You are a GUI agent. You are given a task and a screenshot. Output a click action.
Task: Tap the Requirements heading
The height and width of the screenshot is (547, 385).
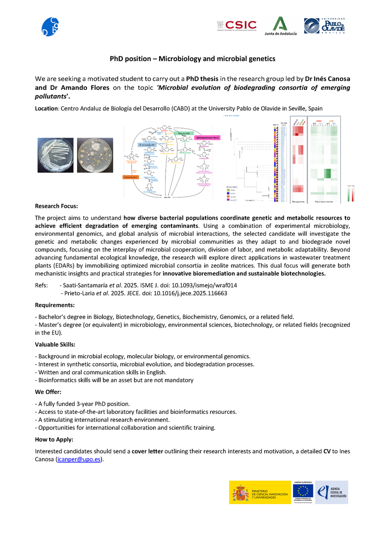tap(55, 304)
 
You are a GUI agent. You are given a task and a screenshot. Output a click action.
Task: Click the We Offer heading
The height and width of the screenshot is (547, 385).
tap(48, 392)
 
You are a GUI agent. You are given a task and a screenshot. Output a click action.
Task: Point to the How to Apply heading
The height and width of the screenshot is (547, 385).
tap(54, 439)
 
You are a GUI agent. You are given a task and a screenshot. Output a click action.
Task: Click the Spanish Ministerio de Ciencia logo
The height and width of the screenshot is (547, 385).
tap(259, 493)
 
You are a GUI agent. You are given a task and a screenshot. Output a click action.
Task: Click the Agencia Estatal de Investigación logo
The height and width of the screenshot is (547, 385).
tap(332, 492)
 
